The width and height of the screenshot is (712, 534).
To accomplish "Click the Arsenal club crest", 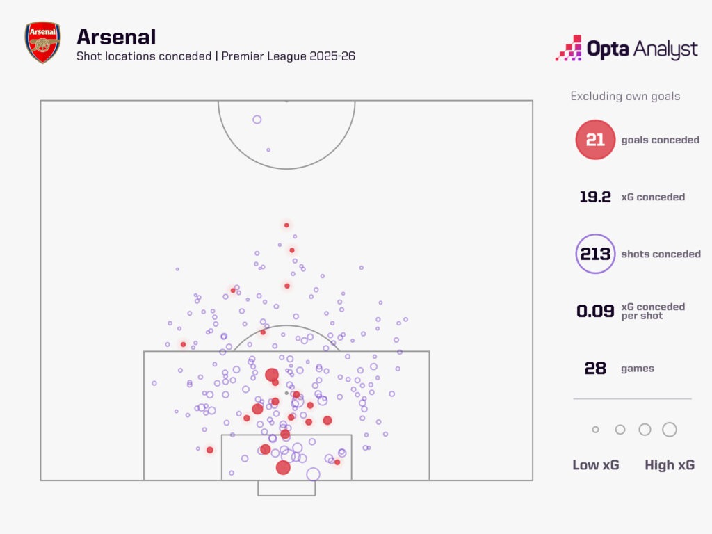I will [42, 43].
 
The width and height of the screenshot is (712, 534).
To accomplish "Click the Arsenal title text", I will [116, 36].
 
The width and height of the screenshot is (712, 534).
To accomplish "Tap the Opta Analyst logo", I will [626, 49].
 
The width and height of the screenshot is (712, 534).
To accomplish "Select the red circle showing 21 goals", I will [595, 140].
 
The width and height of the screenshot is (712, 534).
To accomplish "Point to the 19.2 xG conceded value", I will [595, 197].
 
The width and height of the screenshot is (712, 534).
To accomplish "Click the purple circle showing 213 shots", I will [595, 254].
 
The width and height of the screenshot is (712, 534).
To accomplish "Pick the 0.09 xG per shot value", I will [595, 311].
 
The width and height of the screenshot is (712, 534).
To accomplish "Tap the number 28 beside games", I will [595, 368].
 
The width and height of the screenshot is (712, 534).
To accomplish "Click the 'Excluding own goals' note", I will [625, 96].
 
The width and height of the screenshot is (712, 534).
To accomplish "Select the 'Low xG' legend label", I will [595, 465].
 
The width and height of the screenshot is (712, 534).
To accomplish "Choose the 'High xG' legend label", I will [669, 465].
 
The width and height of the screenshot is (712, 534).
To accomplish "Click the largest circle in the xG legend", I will [670, 430].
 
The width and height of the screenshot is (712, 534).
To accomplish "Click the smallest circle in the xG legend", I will [595, 430].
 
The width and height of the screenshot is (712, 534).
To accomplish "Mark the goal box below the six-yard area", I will [286, 488].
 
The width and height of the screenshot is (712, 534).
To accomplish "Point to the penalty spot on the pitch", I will [286, 393].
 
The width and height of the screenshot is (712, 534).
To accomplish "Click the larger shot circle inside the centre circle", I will [257, 120].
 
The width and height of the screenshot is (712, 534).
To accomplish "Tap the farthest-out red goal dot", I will [286, 225].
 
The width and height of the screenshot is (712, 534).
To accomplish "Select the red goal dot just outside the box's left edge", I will [183, 344].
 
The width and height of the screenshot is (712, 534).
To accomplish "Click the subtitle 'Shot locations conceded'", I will [144, 56].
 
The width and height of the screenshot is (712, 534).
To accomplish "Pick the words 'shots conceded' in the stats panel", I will [661, 254].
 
